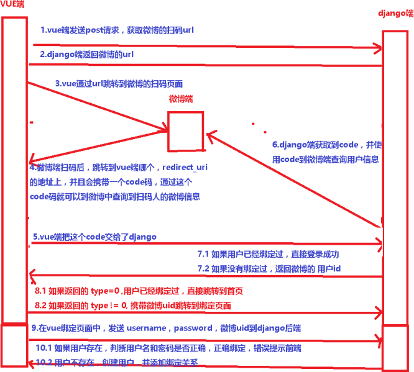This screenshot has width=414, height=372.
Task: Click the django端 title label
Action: point(395,14)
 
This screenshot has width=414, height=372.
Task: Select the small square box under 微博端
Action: point(185,131)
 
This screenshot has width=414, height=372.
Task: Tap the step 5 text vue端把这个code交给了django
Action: point(94,237)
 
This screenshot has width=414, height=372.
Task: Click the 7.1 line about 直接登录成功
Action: point(267,255)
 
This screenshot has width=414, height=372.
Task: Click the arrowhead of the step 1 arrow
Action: point(377,47)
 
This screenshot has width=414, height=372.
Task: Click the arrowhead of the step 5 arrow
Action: point(377,245)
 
